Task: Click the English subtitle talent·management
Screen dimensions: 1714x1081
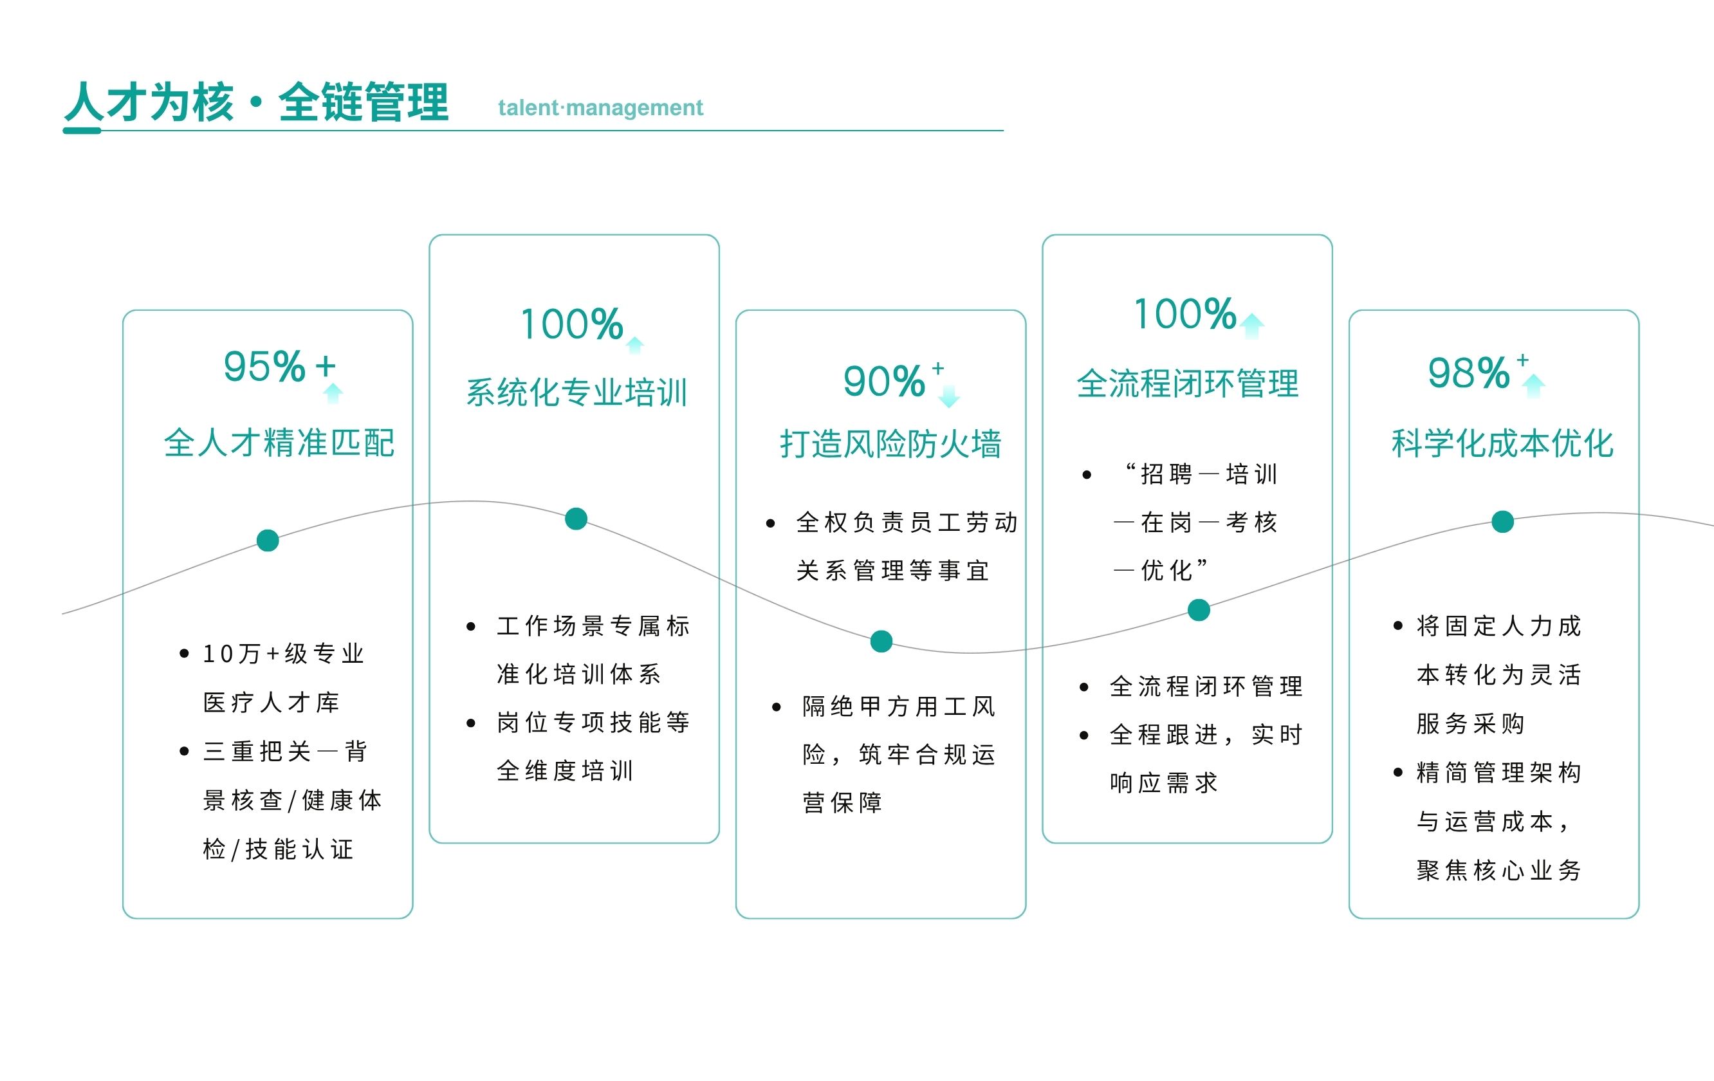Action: [600, 107]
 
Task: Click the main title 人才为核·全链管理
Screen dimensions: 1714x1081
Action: [256, 102]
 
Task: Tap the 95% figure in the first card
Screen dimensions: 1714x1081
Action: [264, 367]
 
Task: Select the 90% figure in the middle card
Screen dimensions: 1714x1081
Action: [883, 382]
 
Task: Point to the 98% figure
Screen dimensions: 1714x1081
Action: [1468, 373]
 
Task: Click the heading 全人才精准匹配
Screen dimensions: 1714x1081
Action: [279, 443]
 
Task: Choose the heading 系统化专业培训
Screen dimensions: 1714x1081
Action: [576, 392]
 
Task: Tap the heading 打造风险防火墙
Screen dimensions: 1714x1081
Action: [891, 444]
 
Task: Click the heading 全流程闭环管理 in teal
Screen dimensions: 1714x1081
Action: [1188, 383]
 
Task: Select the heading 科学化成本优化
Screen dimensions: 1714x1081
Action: [1502, 443]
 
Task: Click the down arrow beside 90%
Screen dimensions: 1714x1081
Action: [949, 396]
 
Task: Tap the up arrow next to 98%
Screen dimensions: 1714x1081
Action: [1533, 385]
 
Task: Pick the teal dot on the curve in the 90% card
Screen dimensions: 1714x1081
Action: [881, 641]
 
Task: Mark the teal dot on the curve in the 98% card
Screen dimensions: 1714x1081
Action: [1502, 522]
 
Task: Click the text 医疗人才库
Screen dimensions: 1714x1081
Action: [272, 703]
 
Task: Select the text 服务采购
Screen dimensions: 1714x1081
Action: [1470, 723]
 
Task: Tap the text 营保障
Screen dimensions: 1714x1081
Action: [842, 803]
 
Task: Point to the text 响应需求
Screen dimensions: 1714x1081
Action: [1164, 783]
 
